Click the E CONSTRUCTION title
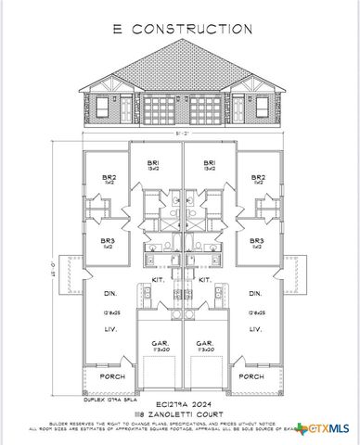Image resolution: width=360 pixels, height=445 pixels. (x=180, y=29)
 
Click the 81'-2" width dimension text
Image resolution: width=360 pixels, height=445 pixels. (x=180, y=133)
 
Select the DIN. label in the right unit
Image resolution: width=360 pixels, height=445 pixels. (x=254, y=294)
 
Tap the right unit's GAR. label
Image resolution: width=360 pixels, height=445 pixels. (x=204, y=342)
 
